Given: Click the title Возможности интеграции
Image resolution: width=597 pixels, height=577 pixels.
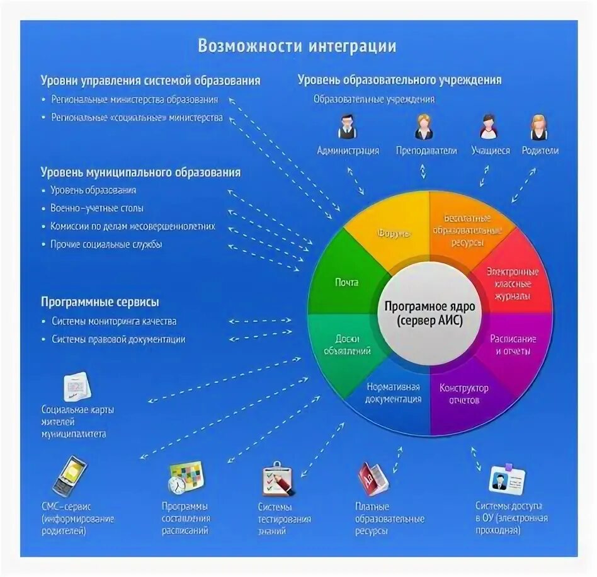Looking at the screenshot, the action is coord(297,46).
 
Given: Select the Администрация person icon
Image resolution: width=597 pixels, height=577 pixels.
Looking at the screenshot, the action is coord(347,127).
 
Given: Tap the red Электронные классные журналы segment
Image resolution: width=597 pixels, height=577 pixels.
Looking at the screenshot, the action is coord(512,283).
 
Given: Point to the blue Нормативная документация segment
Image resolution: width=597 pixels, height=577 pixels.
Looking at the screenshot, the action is coord(394,394).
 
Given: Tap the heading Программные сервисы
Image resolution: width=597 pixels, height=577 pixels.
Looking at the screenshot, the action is coord(100,302).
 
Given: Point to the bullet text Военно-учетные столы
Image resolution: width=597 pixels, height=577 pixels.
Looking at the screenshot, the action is coord(97,208).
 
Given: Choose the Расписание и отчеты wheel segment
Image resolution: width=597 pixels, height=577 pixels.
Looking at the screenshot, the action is coord(513,345).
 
